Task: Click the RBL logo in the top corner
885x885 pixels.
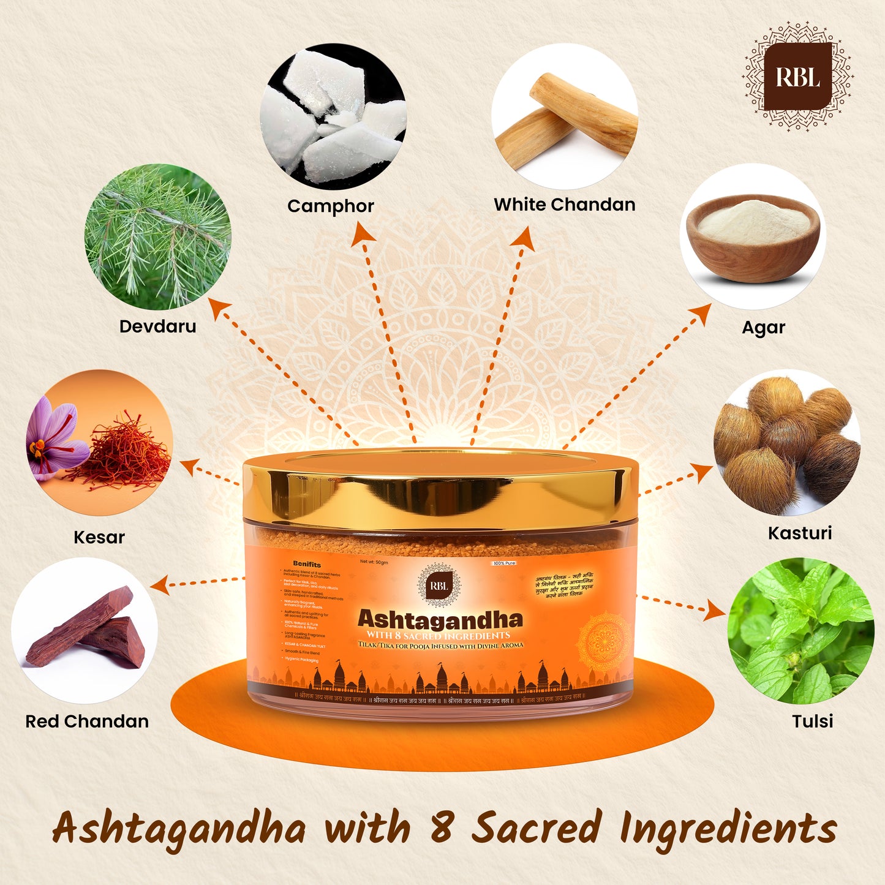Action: coord(797,77)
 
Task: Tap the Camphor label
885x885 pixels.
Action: coord(331,206)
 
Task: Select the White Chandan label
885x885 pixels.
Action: coord(565,205)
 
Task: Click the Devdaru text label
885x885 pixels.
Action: coord(158,326)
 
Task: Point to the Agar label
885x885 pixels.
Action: coord(763,328)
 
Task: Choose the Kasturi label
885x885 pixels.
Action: coord(800,533)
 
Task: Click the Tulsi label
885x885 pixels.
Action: coord(813,721)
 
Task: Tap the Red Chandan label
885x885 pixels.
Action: coord(87,721)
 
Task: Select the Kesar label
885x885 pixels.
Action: coord(99,538)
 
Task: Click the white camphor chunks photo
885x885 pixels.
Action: coord(333,116)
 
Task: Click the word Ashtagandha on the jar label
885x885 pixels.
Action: coord(440,619)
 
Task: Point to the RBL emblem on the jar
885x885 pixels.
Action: coord(439,586)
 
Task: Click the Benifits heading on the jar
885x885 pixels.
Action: coord(307,563)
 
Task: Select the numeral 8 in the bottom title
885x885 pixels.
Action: coord(441,827)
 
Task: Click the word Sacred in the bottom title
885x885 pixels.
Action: coord(537,827)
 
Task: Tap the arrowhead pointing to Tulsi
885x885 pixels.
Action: coord(716,610)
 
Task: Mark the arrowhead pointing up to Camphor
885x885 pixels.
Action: coord(363,233)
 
